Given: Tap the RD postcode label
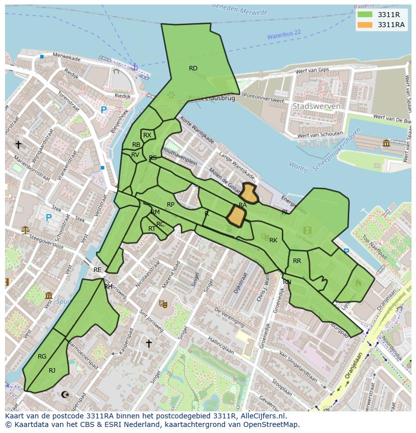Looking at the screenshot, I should click(193, 68).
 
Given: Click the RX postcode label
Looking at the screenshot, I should click(147, 135).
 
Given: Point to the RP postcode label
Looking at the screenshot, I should click(171, 205).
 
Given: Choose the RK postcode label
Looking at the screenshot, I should click(273, 240).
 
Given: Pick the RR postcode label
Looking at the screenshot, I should click(297, 261).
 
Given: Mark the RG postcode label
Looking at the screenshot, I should click(42, 357).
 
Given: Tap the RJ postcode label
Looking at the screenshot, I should click(52, 371).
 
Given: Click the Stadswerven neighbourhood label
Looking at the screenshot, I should click(316, 107).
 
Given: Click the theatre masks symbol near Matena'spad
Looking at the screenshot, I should click(163, 303).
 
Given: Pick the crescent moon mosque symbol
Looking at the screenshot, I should click(64, 395).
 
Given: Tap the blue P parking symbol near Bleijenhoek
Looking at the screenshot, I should click(103, 110).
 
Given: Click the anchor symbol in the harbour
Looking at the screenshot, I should click(134, 66).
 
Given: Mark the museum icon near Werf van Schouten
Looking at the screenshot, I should click(386, 143).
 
